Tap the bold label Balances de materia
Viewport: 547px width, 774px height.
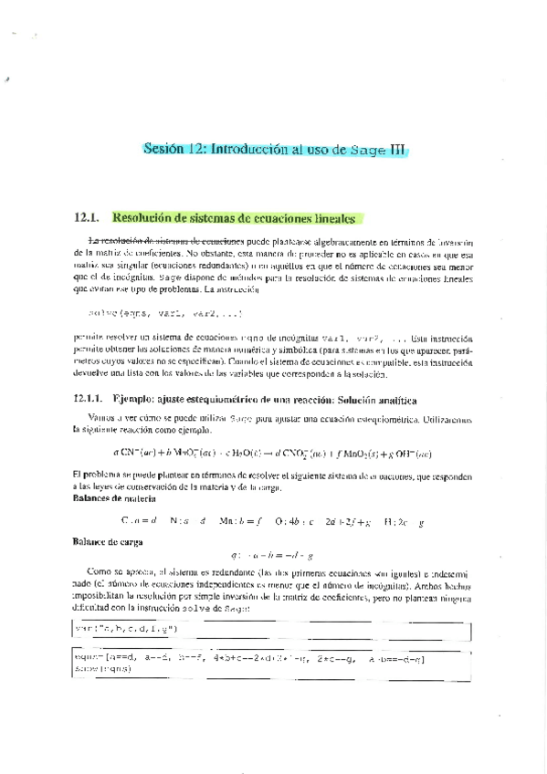click(x=113, y=499)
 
